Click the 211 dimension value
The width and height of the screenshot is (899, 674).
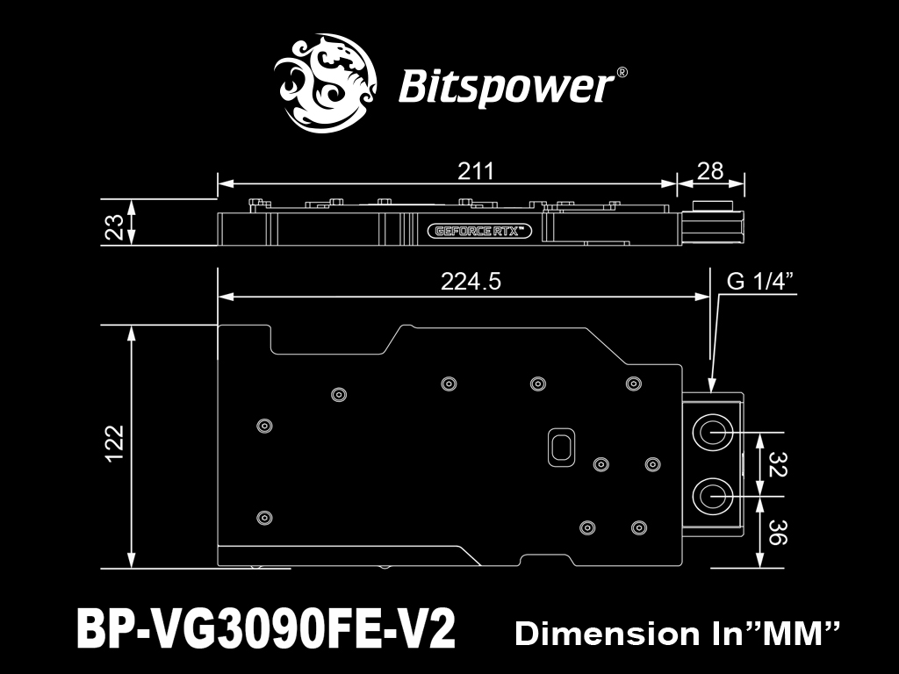(x=475, y=171)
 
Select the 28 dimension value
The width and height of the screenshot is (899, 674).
(x=709, y=171)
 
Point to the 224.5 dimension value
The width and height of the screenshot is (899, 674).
(x=471, y=282)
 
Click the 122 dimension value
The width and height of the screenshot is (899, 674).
(x=115, y=443)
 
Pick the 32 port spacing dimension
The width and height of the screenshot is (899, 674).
(x=778, y=464)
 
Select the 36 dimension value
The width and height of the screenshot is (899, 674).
(x=778, y=532)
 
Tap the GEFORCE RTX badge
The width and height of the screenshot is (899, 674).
(x=479, y=231)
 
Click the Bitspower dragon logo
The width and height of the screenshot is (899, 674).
(x=325, y=82)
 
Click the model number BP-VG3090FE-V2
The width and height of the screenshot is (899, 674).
(x=266, y=628)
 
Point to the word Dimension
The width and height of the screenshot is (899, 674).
(x=607, y=634)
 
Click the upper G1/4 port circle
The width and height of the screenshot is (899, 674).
(x=713, y=431)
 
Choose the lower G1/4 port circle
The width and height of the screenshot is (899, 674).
(x=713, y=497)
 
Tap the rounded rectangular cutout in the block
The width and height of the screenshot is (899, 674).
(x=562, y=447)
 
